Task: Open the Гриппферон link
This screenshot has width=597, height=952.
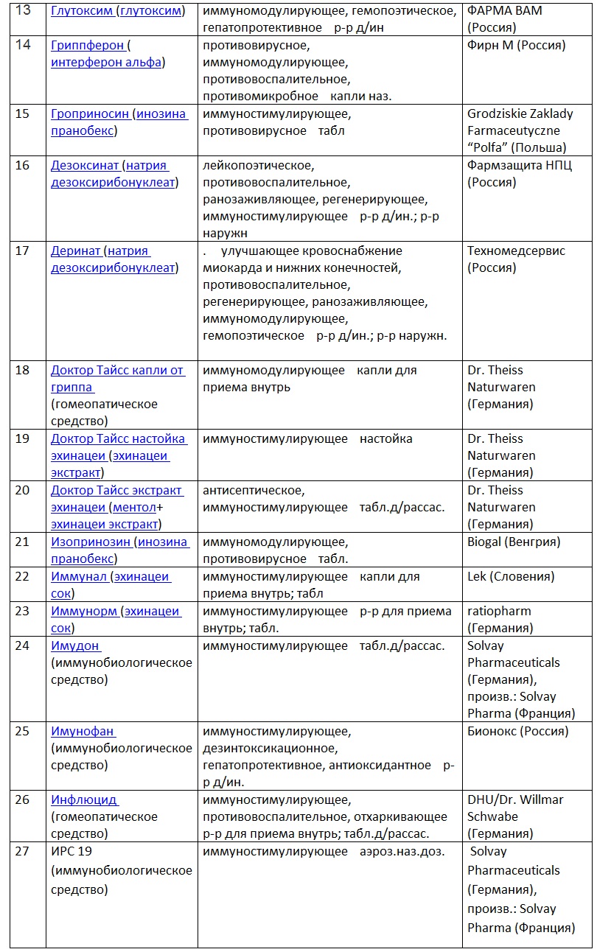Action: tap(87, 46)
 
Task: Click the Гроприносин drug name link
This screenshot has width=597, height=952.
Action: tap(91, 114)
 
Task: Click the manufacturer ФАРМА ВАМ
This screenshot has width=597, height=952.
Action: tap(499, 11)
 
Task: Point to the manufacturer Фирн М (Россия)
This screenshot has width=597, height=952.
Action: tap(516, 46)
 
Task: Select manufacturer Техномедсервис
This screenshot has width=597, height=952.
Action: tap(516, 251)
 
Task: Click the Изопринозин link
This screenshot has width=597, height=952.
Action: tap(91, 542)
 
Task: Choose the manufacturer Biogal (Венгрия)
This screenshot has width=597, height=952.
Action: tap(514, 542)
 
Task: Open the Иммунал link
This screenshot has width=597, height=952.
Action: tap(79, 577)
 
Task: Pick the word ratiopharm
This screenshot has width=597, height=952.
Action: tap(499, 612)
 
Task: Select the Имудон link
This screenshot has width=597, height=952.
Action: tap(74, 646)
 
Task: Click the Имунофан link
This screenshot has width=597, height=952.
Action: tap(82, 732)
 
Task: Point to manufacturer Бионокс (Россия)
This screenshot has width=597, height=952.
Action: tap(517, 732)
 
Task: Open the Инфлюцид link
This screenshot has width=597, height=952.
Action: tap(83, 800)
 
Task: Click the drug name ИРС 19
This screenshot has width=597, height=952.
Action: tap(71, 852)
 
